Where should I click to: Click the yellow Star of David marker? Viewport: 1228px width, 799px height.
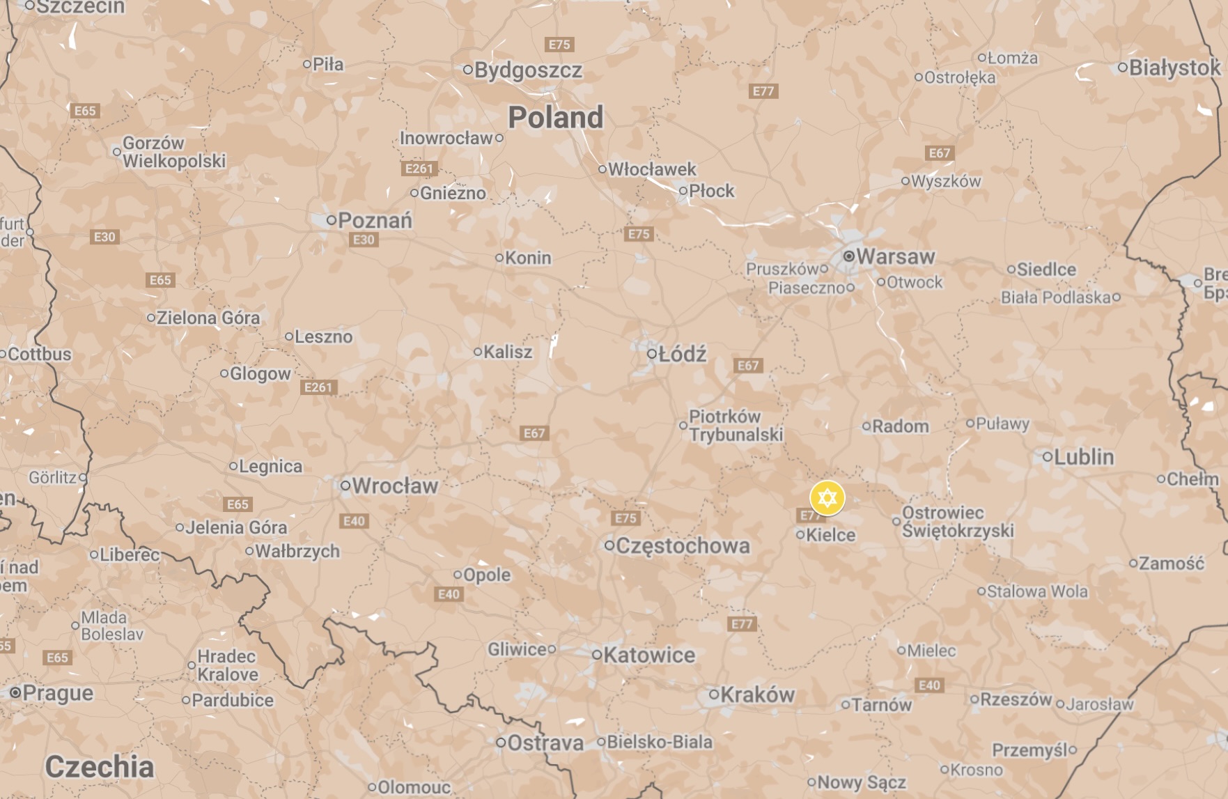tap(827, 498)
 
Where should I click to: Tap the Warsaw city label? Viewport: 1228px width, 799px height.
tap(895, 256)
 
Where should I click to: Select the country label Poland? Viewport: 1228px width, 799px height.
tap(555, 117)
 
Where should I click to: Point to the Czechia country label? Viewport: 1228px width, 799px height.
tap(99, 767)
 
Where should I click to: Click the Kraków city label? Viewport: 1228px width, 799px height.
tap(757, 695)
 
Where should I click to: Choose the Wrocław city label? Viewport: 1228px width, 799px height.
tap(394, 486)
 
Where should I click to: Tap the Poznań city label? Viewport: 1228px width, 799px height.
tap(375, 221)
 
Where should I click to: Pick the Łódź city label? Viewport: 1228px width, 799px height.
tap(682, 354)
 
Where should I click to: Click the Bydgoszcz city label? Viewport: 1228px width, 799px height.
tap(528, 70)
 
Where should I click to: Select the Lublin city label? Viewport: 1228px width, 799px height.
tap(1084, 457)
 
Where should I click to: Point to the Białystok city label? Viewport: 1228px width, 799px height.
tap(1174, 68)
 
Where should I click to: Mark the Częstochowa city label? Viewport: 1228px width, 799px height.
tap(683, 545)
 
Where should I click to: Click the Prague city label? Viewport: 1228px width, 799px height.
tap(58, 693)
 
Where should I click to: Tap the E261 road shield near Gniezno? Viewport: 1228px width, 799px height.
tap(419, 169)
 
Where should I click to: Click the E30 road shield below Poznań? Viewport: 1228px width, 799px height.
tap(364, 240)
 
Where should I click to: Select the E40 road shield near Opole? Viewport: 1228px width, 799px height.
tap(449, 594)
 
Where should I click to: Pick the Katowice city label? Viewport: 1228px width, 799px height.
tap(649, 655)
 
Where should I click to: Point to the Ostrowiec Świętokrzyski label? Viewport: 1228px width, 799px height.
tap(957, 522)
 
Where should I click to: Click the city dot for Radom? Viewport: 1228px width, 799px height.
tap(866, 426)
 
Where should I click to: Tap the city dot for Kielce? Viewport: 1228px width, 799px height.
tap(800, 535)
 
